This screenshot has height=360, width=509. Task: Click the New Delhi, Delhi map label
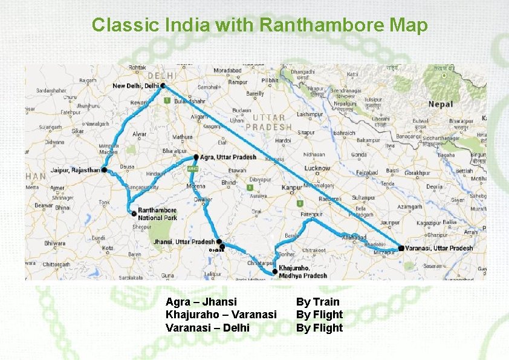coord(136,86)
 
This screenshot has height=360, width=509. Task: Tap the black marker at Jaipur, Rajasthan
coord(104,171)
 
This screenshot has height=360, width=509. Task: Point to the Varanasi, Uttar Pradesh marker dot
coord(401,248)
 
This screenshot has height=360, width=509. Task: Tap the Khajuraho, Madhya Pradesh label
coord(303,272)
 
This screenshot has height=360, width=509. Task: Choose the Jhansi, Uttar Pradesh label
coord(184,241)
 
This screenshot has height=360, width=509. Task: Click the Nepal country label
coord(440,105)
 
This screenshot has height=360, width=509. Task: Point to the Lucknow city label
coord(317,168)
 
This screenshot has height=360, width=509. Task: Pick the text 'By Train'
coord(317,301)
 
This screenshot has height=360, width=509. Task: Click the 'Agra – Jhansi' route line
coord(201,301)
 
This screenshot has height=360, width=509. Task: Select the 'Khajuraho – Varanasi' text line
coord(221,315)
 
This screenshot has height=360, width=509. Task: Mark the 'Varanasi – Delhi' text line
coord(207,328)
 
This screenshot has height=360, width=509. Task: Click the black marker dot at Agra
coord(196,157)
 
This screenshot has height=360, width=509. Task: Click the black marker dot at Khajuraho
coord(275,272)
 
